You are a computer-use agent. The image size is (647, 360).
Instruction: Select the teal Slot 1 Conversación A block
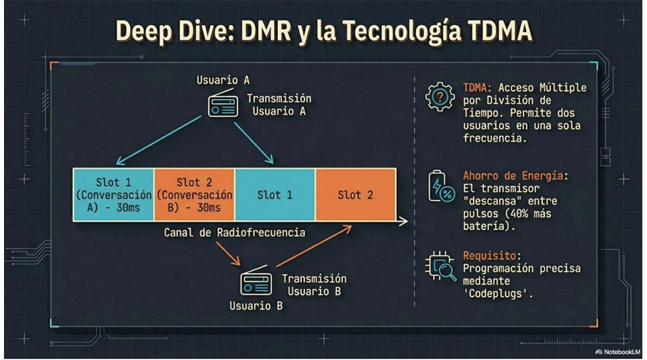113,195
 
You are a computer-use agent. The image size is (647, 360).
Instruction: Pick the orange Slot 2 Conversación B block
194,195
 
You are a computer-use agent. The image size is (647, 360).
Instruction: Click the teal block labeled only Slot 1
275,195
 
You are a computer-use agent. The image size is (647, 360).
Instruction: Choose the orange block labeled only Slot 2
355,195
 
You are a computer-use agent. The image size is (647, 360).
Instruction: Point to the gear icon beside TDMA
440,96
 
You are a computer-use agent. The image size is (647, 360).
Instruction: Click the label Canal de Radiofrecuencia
234,233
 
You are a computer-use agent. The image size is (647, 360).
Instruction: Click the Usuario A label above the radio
222,81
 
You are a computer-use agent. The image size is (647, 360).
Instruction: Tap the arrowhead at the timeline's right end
403,223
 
